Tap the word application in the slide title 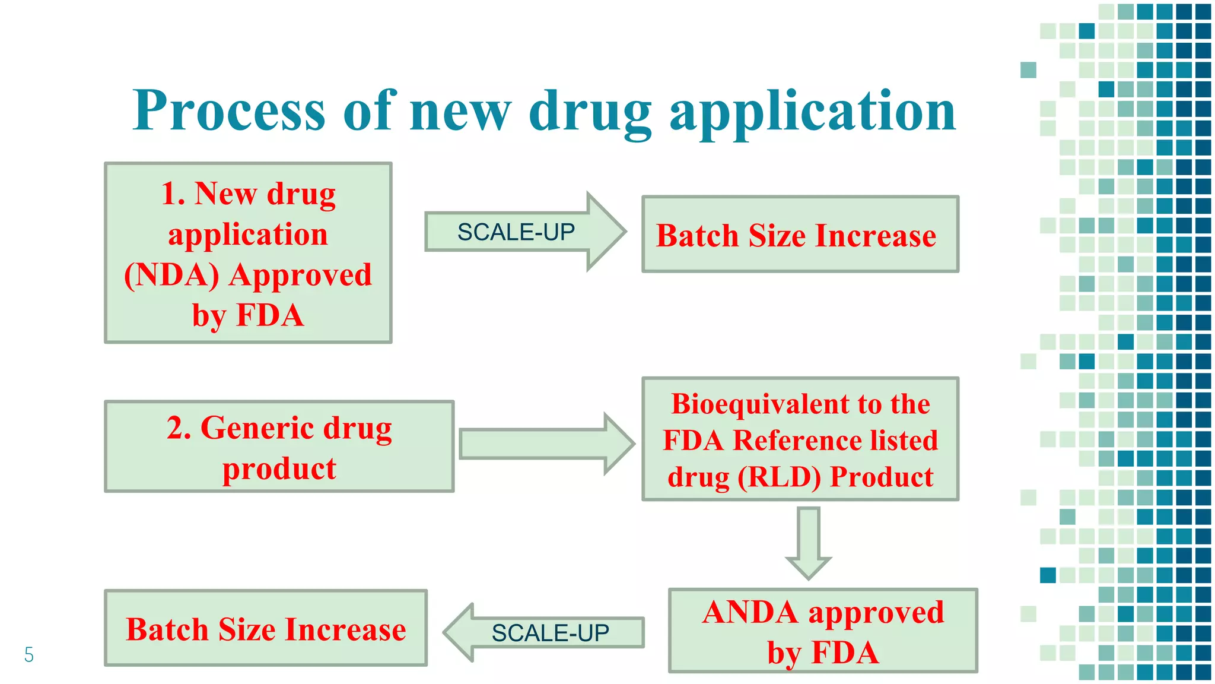812,113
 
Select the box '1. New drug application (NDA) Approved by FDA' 248,253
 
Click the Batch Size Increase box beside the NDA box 800,235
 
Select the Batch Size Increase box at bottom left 266,628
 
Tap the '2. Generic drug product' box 279,446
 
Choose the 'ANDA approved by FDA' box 823,631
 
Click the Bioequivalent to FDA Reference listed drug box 800,439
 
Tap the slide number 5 28,655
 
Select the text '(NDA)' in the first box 171,275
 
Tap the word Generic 257,428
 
